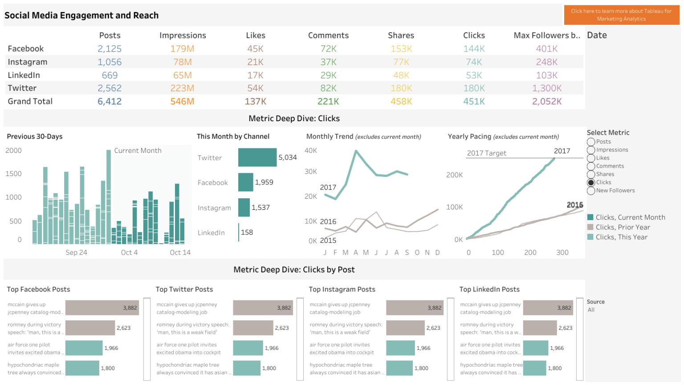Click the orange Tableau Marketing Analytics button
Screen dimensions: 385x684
[x=621, y=15]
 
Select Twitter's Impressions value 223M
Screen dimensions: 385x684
[x=182, y=88]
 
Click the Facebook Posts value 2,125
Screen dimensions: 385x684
[x=110, y=49]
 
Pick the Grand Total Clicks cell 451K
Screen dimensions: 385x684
[x=474, y=102]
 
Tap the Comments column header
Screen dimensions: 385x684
[x=328, y=35]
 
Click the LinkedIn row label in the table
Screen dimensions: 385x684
[x=24, y=75]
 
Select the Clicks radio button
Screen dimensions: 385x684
[x=591, y=183]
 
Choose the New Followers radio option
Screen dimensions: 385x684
[x=591, y=191]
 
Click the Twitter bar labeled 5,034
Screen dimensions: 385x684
[x=257, y=157]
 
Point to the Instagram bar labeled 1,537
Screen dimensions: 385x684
[x=244, y=208]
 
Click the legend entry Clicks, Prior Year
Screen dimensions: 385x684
[x=623, y=227]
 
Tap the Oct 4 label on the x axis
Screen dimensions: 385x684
[x=129, y=253]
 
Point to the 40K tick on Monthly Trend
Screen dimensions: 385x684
[x=311, y=151]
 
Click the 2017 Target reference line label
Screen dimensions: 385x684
[x=486, y=153]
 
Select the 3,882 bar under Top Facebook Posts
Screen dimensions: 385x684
[x=102, y=308]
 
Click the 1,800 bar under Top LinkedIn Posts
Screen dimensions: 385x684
[x=534, y=368]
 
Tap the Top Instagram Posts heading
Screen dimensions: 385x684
[x=342, y=290]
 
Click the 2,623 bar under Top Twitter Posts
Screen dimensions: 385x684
[x=253, y=328]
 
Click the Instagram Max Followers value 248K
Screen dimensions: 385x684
[x=547, y=62]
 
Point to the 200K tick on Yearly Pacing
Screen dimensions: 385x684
[x=455, y=175]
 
